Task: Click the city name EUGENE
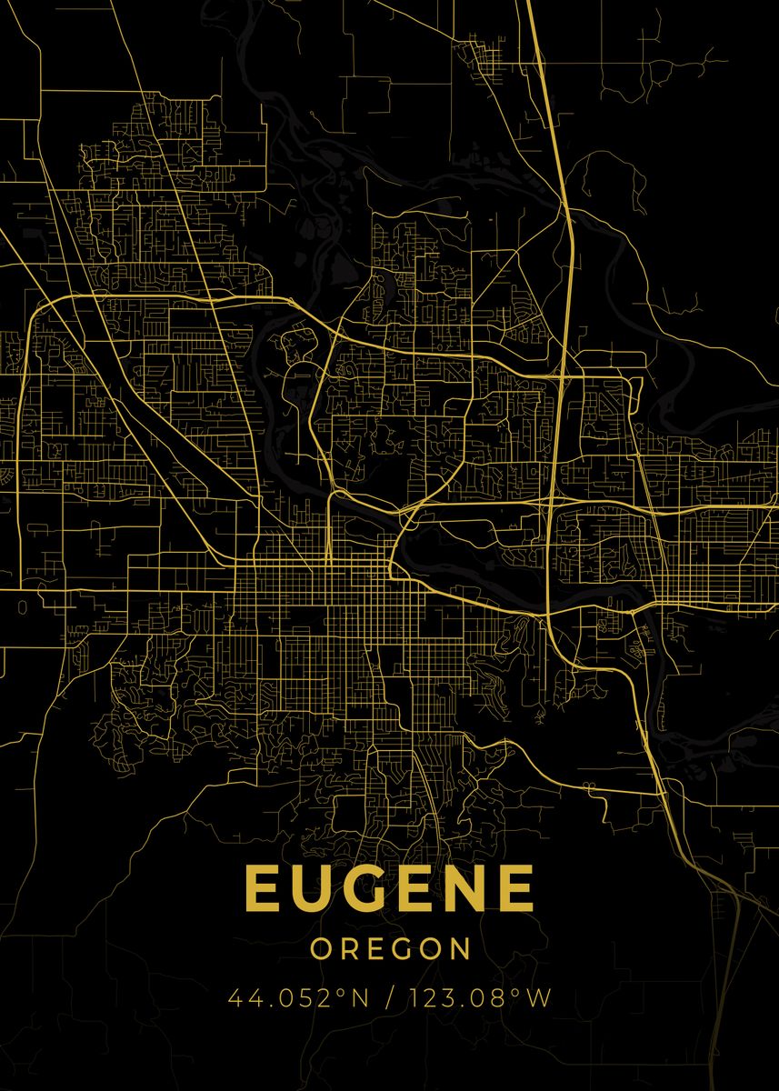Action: click(x=389, y=888)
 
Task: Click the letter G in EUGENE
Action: click(x=365, y=888)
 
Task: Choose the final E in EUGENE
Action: click(x=514, y=888)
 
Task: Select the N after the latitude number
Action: click(x=359, y=998)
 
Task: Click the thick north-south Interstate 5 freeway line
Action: click(x=563, y=273)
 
